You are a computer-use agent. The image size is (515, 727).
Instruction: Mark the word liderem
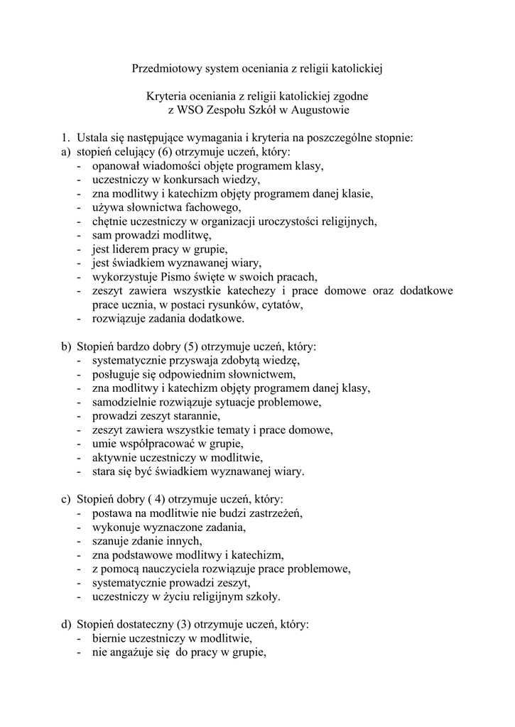tap(129, 249)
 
